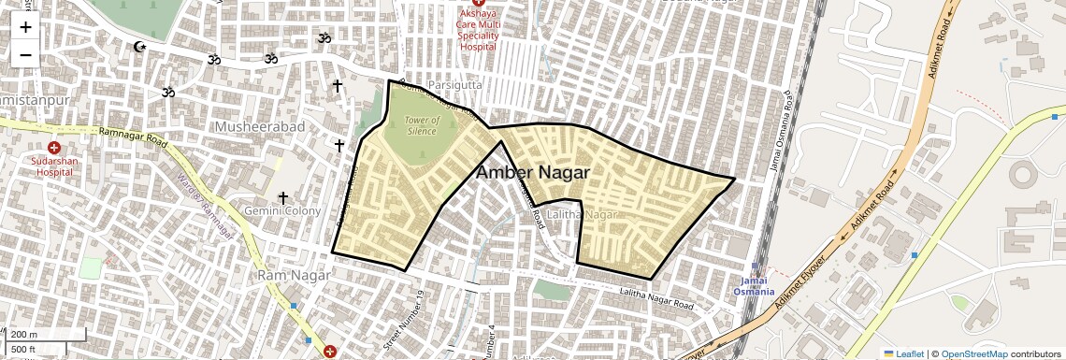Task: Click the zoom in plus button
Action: [25, 27]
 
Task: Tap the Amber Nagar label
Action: [532, 173]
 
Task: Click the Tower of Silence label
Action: [423, 125]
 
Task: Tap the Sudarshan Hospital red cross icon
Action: [53, 148]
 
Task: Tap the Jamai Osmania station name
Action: [754, 286]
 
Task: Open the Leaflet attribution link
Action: [903, 353]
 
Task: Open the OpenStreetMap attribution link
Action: [973, 353]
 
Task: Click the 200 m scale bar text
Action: [24, 335]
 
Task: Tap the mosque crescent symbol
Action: [140, 47]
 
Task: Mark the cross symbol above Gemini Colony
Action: [281, 197]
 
